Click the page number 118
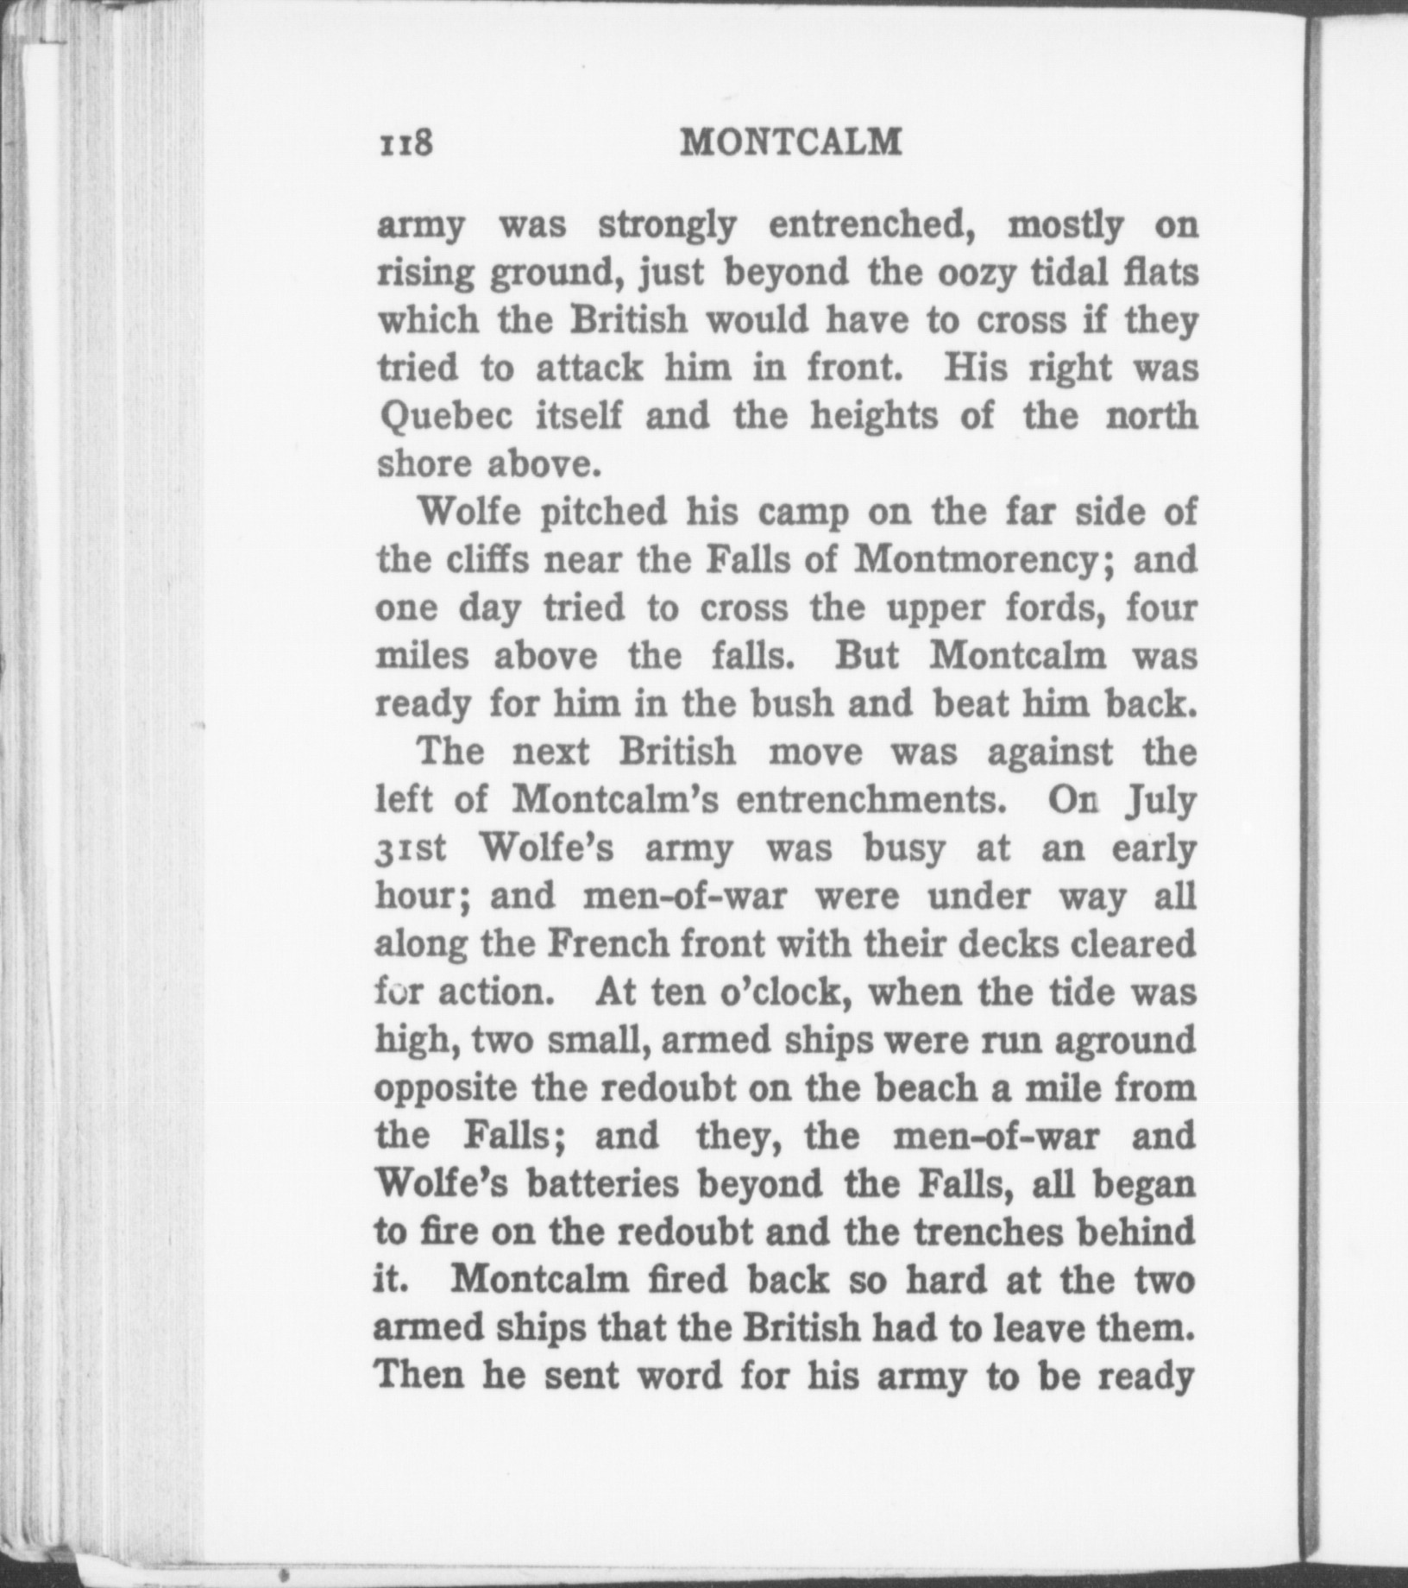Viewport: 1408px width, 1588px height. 405,143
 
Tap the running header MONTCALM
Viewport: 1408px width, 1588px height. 790,142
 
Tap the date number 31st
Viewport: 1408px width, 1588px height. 411,849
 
